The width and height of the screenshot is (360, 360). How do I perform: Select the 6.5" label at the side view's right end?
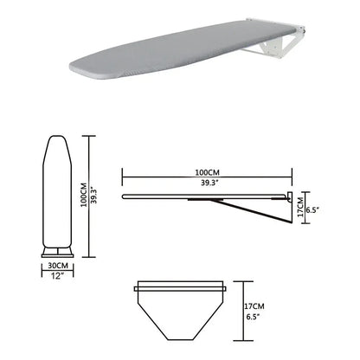click(x=313, y=221)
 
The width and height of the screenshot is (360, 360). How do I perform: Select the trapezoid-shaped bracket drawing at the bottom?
click(x=182, y=303)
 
